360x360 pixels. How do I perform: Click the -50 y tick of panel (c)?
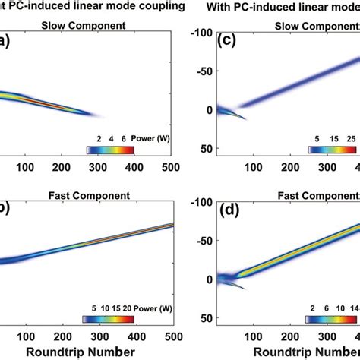(201, 71)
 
